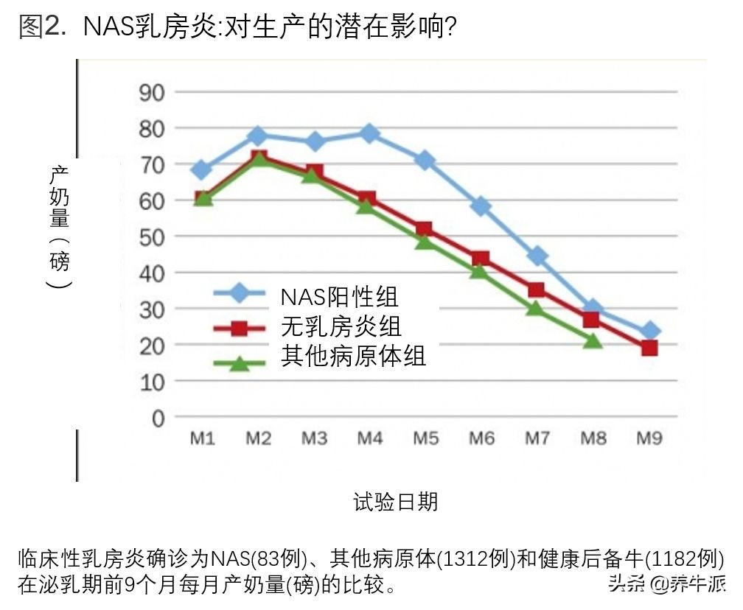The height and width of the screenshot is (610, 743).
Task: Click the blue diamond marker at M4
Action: click(370, 133)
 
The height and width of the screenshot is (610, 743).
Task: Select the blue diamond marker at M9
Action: click(649, 332)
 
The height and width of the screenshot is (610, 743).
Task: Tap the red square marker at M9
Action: click(649, 348)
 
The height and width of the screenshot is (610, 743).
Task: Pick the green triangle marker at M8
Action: click(593, 340)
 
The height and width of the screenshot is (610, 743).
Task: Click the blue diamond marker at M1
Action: click(202, 170)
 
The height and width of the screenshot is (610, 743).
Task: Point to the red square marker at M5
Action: click(425, 230)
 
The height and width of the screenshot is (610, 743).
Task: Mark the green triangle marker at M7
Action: click(537, 308)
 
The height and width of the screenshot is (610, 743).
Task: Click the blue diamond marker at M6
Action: click(481, 206)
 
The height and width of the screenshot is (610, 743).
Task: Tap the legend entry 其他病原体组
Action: click(353, 357)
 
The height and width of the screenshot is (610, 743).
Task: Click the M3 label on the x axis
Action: click(314, 439)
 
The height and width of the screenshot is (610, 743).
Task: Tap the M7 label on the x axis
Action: click(537, 439)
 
